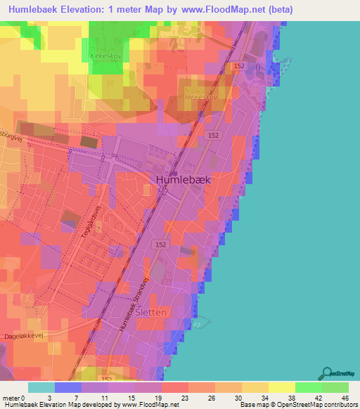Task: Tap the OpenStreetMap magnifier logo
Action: click(326, 372)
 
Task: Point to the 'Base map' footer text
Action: click(254, 405)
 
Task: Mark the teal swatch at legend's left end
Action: click(41, 387)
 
